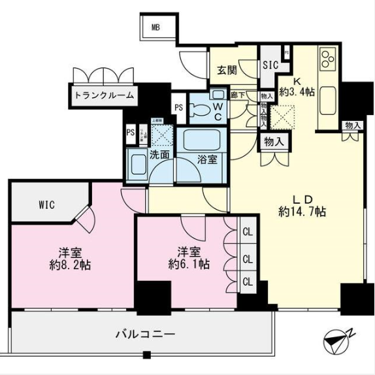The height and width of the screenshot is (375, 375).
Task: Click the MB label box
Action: tap(155, 27)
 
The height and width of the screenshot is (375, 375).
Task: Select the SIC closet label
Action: tap(270, 65)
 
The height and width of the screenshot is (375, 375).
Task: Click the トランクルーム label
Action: tap(104, 95)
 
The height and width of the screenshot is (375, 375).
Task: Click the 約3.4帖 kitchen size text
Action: tap(297, 92)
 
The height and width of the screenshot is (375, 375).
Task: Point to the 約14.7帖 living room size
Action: tap(302, 211)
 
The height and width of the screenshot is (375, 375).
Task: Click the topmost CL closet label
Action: tap(248, 232)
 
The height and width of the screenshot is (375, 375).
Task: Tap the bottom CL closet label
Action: tap(248, 282)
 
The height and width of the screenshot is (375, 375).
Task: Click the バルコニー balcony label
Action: tap(145, 334)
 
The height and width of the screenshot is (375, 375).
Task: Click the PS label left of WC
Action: tap(178, 108)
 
